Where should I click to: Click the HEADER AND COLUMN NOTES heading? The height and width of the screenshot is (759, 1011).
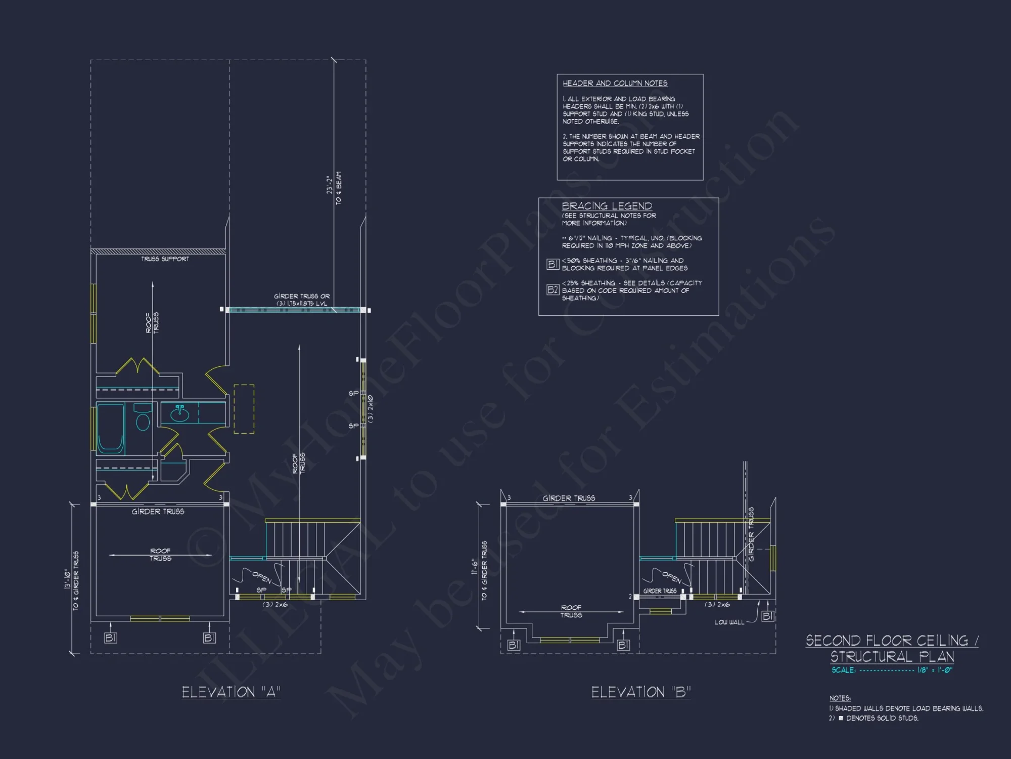pyautogui.click(x=615, y=83)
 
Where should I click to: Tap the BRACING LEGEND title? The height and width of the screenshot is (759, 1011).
pyautogui.click(x=607, y=206)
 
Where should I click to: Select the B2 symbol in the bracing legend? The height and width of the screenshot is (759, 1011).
pyautogui.click(x=553, y=290)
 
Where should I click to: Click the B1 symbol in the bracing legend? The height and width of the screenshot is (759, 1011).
pyautogui.click(x=553, y=264)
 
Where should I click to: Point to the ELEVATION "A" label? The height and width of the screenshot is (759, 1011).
pyautogui.click(x=231, y=692)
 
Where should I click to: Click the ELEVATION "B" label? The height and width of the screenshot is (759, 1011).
pyautogui.click(x=640, y=692)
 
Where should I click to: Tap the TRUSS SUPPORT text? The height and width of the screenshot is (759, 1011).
pyautogui.click(x=165, y=259)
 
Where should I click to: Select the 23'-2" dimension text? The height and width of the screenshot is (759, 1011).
pyautogui.click(x=330, y=185)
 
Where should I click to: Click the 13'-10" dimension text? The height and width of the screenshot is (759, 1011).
pyautogui.click(x=67, y=579)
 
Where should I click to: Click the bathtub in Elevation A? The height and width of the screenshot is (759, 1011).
pyautogui.click(x=111, y=428)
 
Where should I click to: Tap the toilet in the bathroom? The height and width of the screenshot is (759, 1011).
pyautogui.click(x=143, y=420)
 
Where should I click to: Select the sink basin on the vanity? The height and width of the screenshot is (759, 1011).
pyautogui.click(x=179, y=415)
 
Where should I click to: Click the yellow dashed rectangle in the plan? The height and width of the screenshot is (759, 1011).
pyautogui.click(x=244, y=409)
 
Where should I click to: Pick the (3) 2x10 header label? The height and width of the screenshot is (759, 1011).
pyautogui.click(x=371, y=409)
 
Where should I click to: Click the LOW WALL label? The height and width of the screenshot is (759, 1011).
pyautogui.click(x=729, y=622)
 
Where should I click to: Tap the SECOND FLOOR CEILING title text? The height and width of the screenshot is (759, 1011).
pyautogui.click(x=892, y=641)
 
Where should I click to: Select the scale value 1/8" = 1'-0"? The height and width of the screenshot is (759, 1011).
pyautogui.click(x=935, y=670)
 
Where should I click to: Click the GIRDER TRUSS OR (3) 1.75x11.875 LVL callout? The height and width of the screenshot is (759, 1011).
pyautogui.click(x=301, y=300)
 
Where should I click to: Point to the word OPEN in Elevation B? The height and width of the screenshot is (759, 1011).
pyautogui.click(x=672, y=577)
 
